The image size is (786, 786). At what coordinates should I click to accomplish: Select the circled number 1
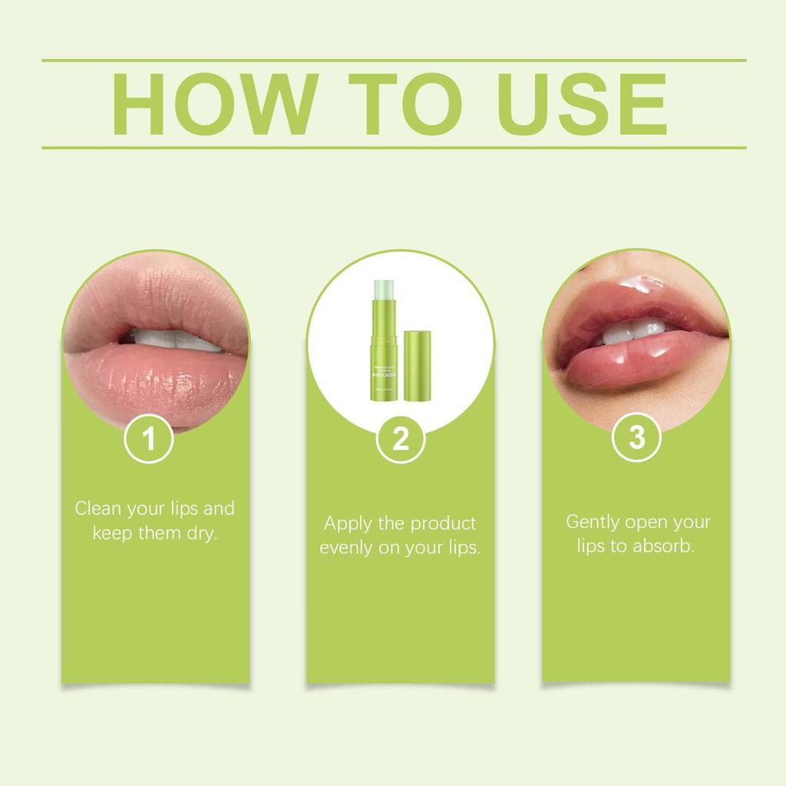tap(149, 440)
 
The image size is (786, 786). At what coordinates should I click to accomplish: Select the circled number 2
tap(401, 440)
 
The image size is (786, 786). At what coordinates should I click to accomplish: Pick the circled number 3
tap(637, 438)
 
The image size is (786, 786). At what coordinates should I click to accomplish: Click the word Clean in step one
tap(97, 508)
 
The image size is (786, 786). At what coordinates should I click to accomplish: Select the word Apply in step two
tap(347, 524)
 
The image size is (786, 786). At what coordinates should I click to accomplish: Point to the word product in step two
tap(444, 523)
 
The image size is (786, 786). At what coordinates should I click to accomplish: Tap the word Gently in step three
tap(592, 522)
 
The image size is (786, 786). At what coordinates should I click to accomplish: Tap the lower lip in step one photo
tap(154, 380)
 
